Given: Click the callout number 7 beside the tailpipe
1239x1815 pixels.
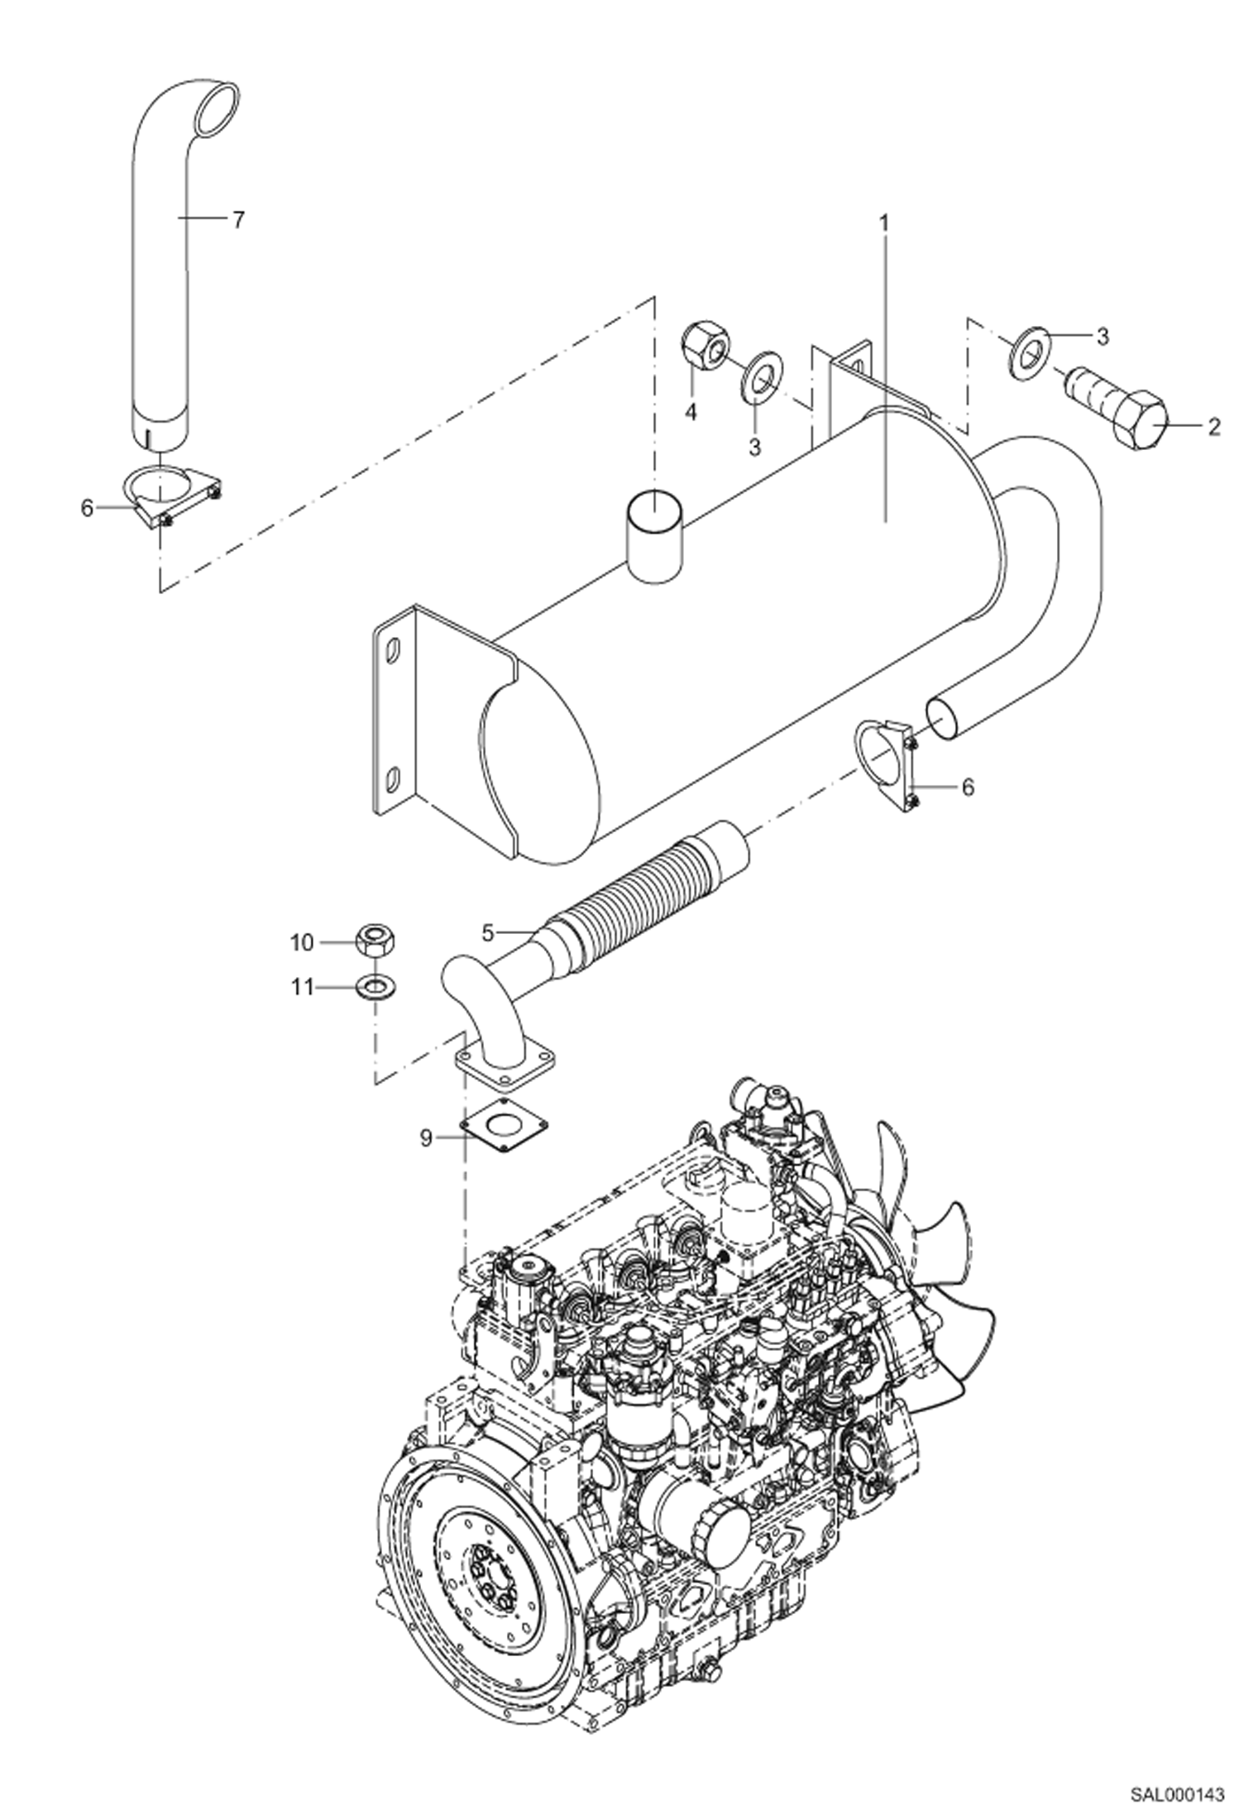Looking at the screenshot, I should pos(238,220).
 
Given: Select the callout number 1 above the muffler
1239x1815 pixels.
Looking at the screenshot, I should pos(883,223).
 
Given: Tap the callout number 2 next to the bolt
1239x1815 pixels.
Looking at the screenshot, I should pos(1213,427).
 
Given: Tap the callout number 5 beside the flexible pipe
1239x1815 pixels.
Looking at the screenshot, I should pos(488,933).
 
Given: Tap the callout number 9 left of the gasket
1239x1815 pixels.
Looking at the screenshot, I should pos(426,1139).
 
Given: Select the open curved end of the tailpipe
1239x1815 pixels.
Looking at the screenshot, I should pos(217,108).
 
